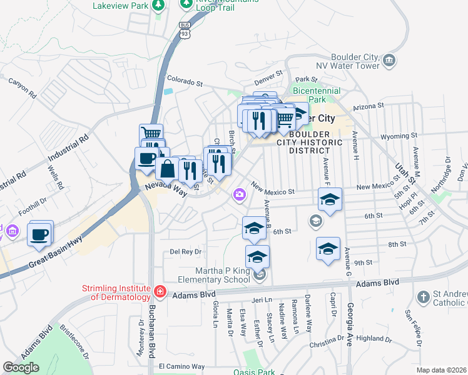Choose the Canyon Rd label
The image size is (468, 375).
[23, 87]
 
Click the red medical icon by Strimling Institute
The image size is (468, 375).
[160, 291]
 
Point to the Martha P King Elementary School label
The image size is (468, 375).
[215, 275]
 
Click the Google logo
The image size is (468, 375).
[21, 367]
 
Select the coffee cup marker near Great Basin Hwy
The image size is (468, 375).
[39, 234]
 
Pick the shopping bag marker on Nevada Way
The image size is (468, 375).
[168, 169]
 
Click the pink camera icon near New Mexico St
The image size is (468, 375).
[239, 196]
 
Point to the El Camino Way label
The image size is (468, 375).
[181, 366]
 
